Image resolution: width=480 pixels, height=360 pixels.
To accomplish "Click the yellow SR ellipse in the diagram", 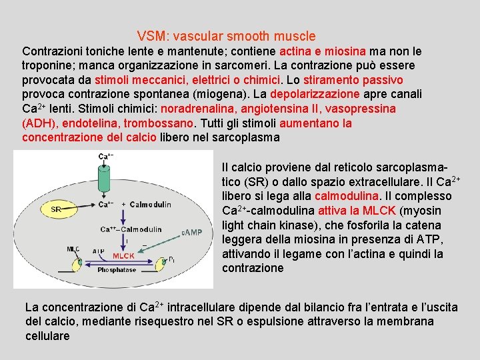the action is coord(57,209).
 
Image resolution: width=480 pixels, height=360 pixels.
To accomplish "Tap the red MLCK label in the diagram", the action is coord(123,255).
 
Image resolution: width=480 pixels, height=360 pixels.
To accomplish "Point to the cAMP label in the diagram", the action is coord(191,233).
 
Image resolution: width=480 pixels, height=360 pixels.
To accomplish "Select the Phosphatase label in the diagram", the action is coord(117,270).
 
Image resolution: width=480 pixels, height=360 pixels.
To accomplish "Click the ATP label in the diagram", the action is coord(99,251).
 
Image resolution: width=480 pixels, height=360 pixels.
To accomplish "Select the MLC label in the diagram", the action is coord(73,249).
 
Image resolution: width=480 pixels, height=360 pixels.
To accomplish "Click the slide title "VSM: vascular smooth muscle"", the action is coord(226,36).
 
